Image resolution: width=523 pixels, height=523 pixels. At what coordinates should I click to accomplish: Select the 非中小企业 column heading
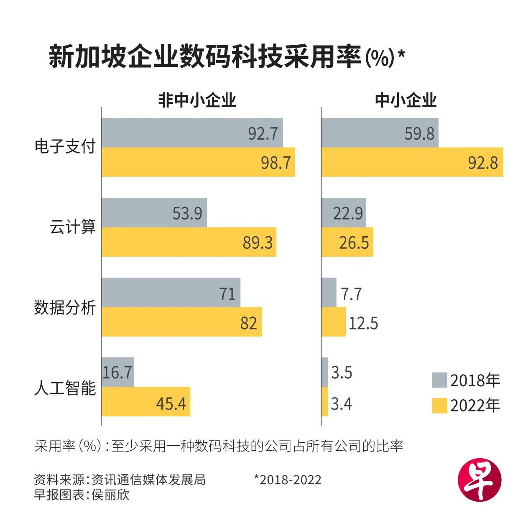(x=197, y=100)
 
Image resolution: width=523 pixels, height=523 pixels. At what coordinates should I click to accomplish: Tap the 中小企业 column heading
(x=406, y=100)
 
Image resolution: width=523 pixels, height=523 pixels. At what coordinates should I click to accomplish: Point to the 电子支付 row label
(x=65, y=147)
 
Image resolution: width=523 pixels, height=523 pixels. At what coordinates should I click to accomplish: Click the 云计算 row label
(x=73, y=227)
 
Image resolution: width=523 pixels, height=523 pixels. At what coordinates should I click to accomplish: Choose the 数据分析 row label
(x=65, y=307)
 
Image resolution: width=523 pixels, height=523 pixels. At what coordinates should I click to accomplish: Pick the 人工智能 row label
(x=65, y=388)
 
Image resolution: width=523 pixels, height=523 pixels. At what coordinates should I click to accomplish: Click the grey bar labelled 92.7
(x=192, y=133)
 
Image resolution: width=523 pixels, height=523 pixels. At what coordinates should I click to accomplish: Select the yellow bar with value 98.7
(x=198, y=162)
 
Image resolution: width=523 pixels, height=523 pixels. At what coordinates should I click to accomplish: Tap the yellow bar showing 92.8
(x=412, y=162)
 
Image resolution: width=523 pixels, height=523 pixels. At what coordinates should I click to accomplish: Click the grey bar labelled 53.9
(x=154, y=213)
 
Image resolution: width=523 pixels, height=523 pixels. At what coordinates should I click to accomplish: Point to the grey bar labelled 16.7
(x=117, y=372)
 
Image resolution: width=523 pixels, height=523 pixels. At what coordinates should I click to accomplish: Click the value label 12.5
(x=363, y=323)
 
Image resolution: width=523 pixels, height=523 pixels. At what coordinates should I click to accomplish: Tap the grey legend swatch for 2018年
(x=439, y=380)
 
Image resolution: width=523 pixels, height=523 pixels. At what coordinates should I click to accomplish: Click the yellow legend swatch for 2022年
(x=439, y=406)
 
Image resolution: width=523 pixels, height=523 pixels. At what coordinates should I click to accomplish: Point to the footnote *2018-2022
(x=288, y=480)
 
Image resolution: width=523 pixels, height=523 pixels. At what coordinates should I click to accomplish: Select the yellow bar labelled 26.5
(x=347, y=242)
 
